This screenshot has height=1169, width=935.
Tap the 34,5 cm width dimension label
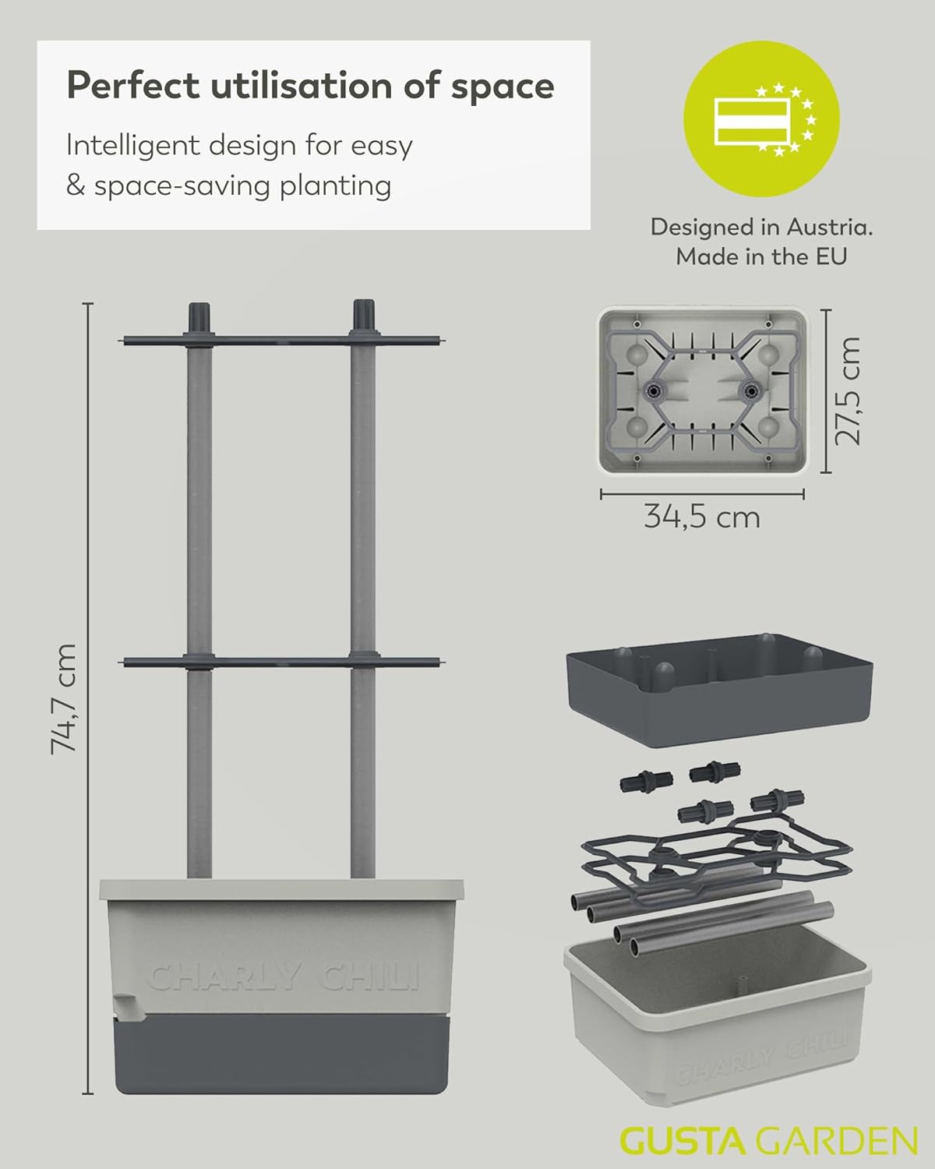[x=701, y=517]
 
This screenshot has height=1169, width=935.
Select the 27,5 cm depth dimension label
[x=848, y=390]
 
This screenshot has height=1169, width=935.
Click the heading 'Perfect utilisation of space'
[x=310, y=85]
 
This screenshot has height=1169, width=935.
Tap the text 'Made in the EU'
[x=761, y=256]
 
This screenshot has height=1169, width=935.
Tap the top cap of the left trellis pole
[x=199, y=316]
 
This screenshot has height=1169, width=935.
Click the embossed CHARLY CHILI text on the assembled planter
[x=284, y=977]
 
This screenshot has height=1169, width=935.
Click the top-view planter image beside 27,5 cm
[x=701, y=390]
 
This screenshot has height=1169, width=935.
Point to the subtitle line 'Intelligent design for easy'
[x=239, y=146]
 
